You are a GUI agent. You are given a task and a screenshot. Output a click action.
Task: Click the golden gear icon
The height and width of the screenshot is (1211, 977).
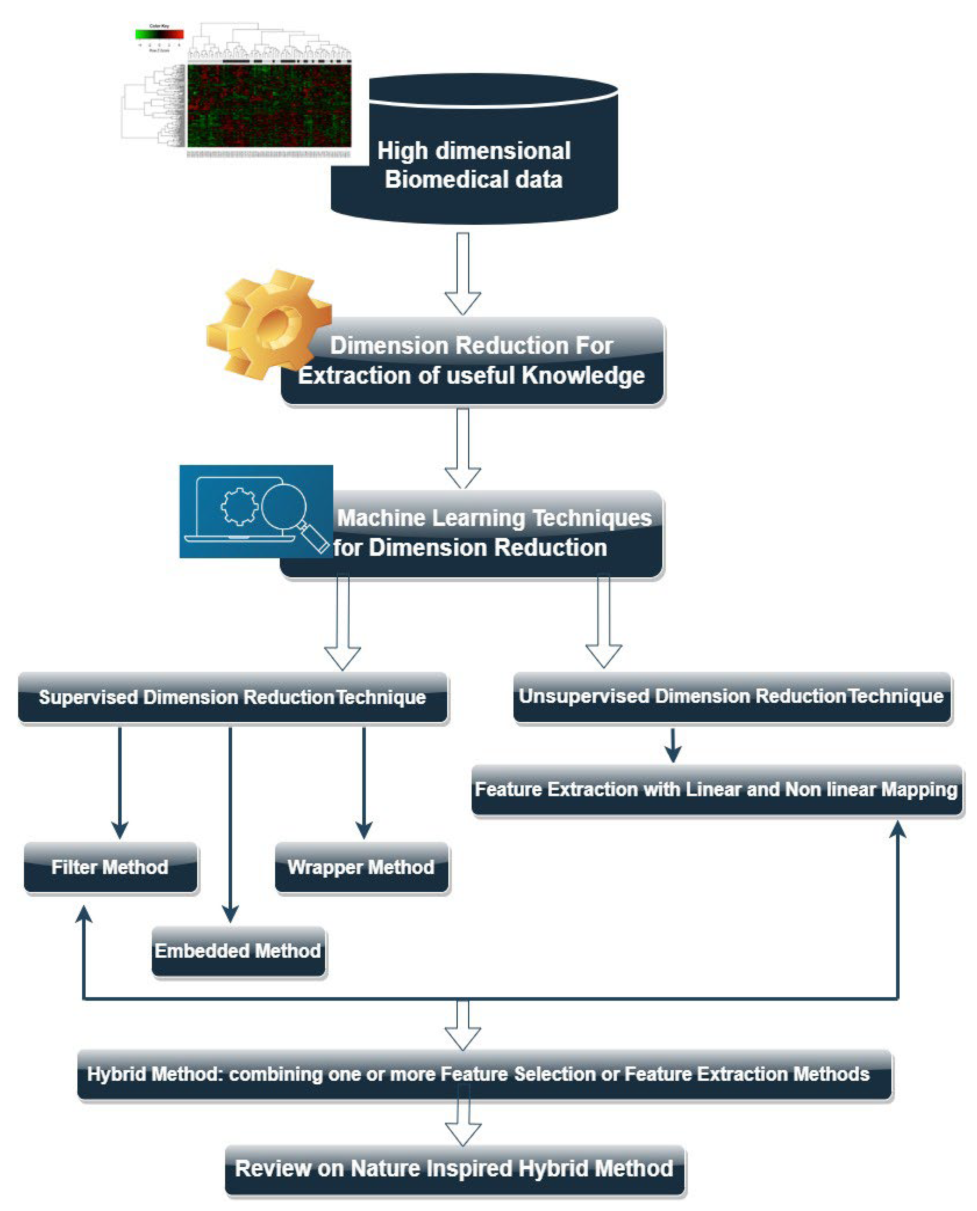coord(269,325)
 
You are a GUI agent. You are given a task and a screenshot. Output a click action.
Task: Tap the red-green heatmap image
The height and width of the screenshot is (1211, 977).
coord(269,105)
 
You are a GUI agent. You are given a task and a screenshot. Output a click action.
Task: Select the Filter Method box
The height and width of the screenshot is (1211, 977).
coord(110,867)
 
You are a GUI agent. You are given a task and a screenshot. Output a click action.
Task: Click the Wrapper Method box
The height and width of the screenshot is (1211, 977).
coord(361,867)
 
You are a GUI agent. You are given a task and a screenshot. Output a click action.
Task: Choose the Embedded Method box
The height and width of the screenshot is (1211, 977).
coord(238,951)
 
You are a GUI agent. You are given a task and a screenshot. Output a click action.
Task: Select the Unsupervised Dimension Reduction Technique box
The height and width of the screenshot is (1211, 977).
coord(731,696)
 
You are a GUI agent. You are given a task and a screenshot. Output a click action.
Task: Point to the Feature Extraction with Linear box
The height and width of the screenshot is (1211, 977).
coord(716,790)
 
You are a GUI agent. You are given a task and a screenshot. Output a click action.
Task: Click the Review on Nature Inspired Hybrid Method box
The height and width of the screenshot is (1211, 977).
coord(454,1169)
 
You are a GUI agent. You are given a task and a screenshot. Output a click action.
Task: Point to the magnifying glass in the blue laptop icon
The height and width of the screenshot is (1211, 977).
coord(284,506)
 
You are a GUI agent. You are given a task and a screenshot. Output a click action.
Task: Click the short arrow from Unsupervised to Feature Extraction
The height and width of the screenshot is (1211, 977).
coord(673,746)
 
